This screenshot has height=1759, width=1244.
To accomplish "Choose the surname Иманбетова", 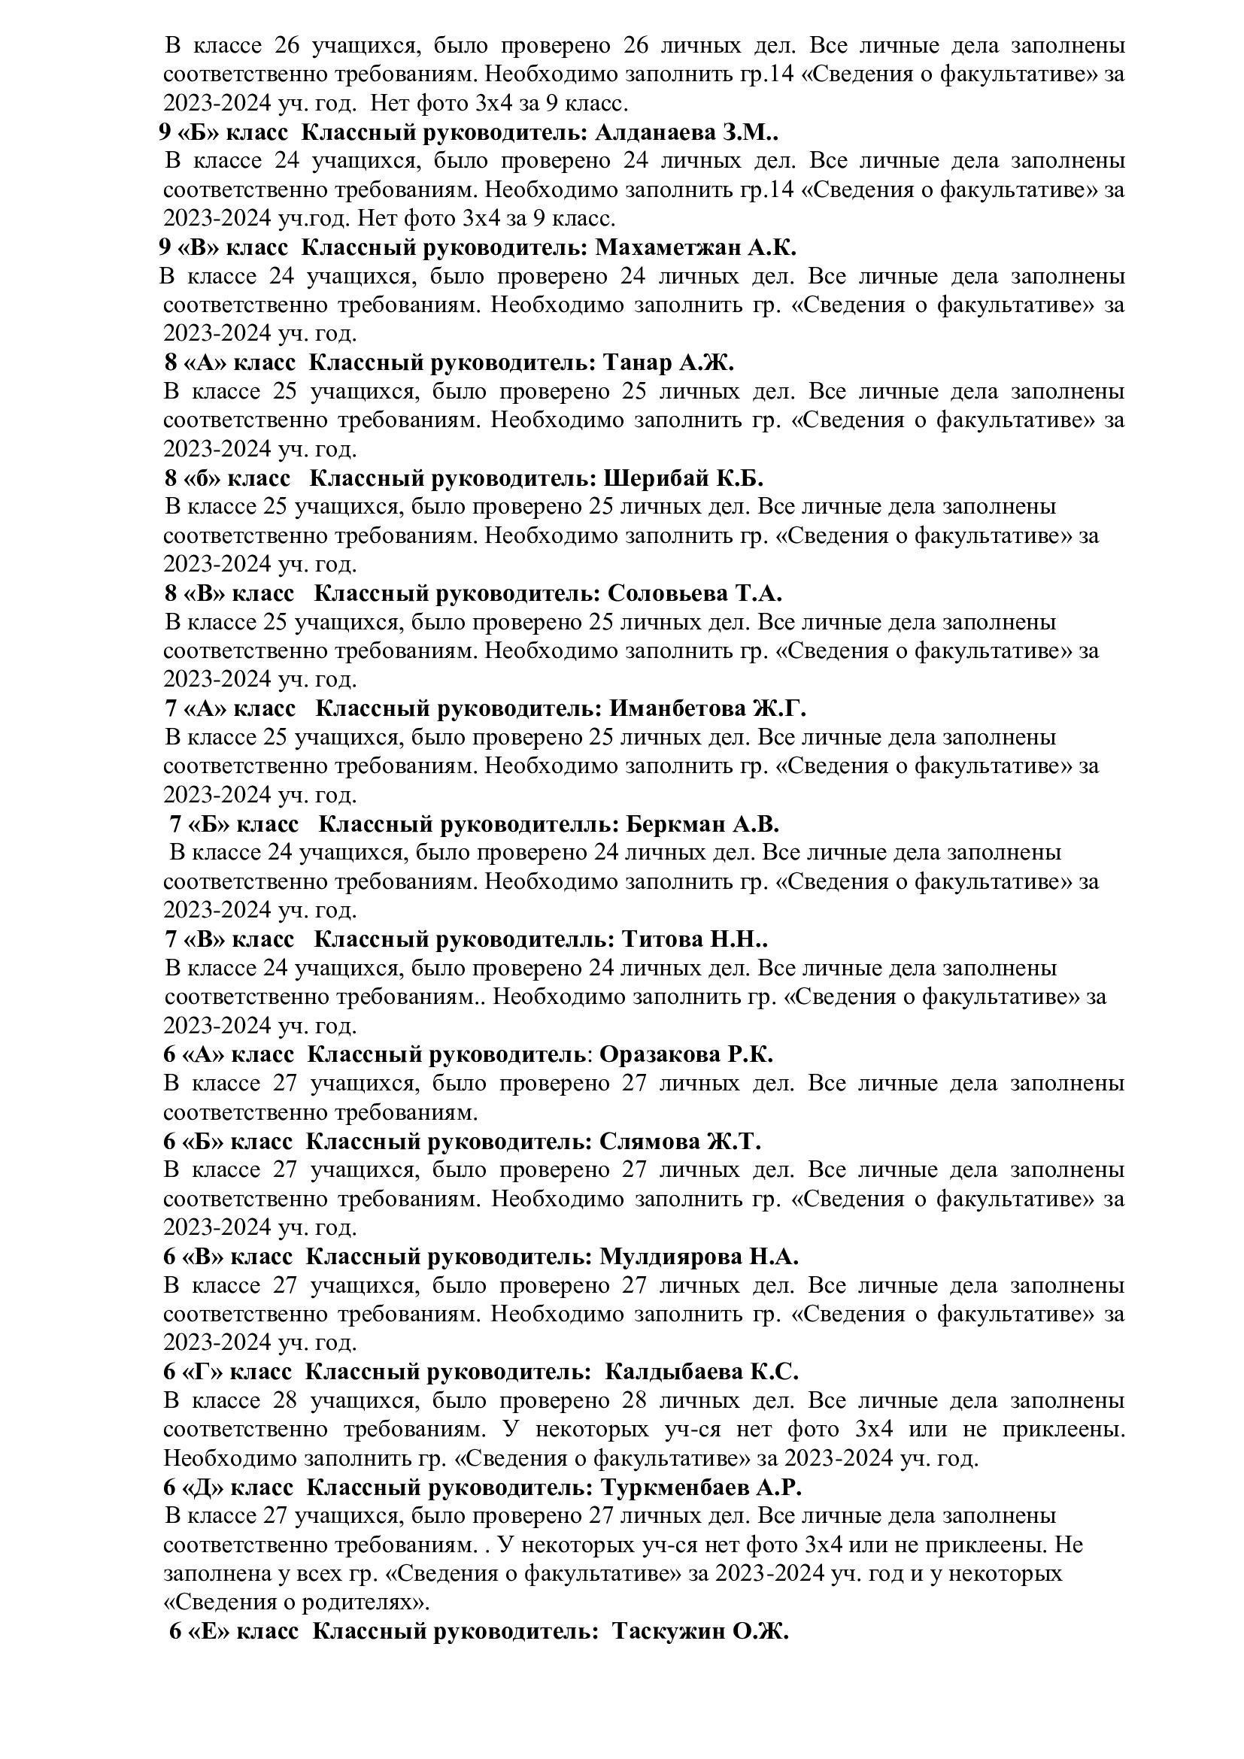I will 672,708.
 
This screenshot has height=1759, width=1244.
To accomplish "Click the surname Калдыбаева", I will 674,1372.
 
